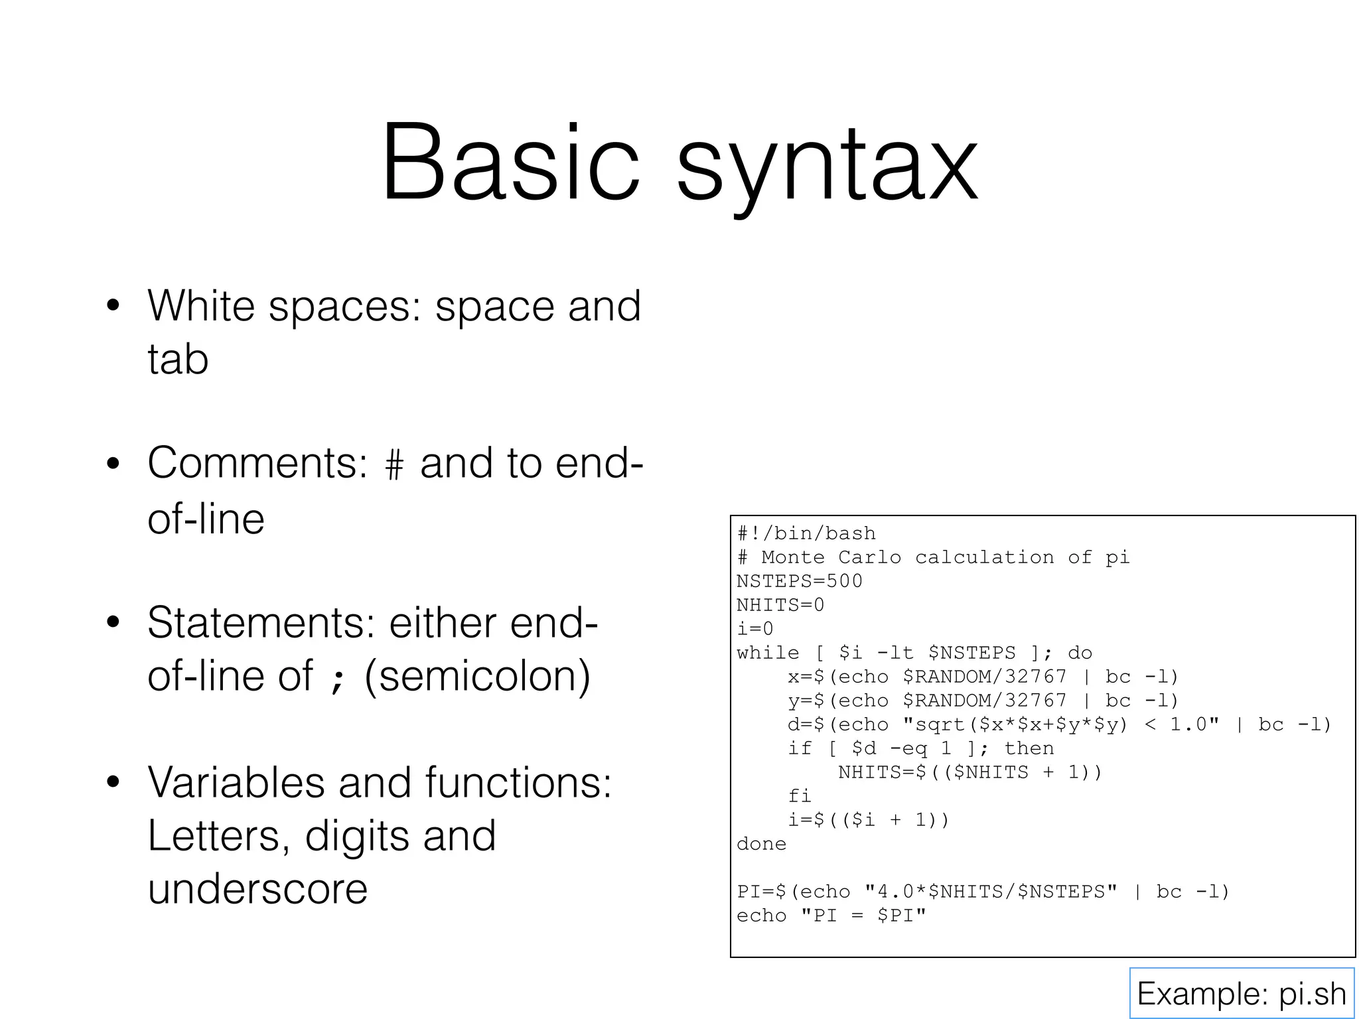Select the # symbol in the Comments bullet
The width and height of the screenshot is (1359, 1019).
pyautogui.click(x=393, y=465)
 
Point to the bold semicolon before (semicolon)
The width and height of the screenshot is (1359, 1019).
pyautogui.click(x=338, y=678)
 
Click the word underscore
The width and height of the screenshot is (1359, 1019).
pyautogui.click(x=257, y=889)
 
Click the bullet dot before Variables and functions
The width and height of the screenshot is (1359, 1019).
pyautogui.click(x=113, y=782)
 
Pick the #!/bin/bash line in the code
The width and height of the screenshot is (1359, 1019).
pyautogui.click(x=806, y=533)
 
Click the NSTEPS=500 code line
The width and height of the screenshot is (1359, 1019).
pyautogui.click(x=799, y=581)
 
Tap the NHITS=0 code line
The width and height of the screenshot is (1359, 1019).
pyautogui.click(x=780, y=605)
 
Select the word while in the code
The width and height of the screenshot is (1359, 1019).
pyautogui.click(x=768, y=653)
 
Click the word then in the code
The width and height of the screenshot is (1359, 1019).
pyautogui.click(x=1029, y=748)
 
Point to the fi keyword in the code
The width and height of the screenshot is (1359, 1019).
pyautogui.click(x=800, y=796)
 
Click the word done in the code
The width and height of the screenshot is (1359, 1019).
pyautogui.click(x=761, y=844)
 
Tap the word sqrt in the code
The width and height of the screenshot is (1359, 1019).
pyautogui.click(x=940, y=725)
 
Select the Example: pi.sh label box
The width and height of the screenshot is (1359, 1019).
pyautogui.click(x=1241, y=993)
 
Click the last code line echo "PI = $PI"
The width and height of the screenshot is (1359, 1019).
pyautogui.click(x=831, y=916)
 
